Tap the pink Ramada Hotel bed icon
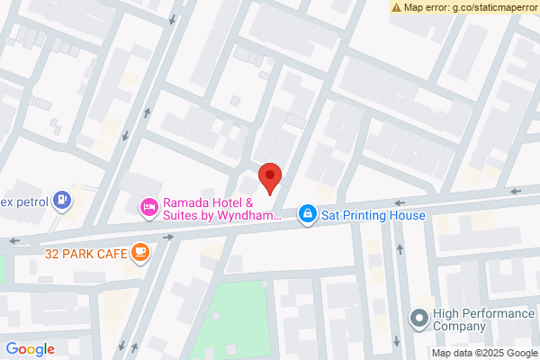[x=148, y=209]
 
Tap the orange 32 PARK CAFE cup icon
[x=139, y=253]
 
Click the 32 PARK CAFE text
[x=85, y=254]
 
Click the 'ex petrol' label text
[x=23, y=199]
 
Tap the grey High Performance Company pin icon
[x=418, y=318]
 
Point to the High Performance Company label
[x=476, y=319]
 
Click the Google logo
[x=30, y=349]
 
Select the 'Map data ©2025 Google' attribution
[x=486, y=352]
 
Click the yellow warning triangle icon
[x=396, y=6]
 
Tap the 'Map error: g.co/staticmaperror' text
[x=470, y=6]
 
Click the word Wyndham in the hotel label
[x=254, y=217]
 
